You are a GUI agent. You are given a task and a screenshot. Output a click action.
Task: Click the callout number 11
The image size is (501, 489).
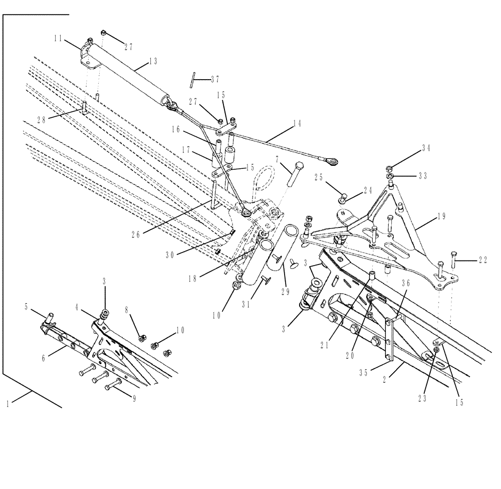[59, 38]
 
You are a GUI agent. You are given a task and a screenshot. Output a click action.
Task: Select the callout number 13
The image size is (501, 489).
[153, 61]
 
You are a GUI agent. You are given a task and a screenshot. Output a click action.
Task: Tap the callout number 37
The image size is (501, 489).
[215, 79]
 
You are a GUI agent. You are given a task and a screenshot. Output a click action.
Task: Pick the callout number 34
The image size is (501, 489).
[426, 148]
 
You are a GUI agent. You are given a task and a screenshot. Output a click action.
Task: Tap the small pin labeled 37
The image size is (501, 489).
[192, 80]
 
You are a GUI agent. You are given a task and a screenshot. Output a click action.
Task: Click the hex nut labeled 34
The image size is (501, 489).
[389, 167]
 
